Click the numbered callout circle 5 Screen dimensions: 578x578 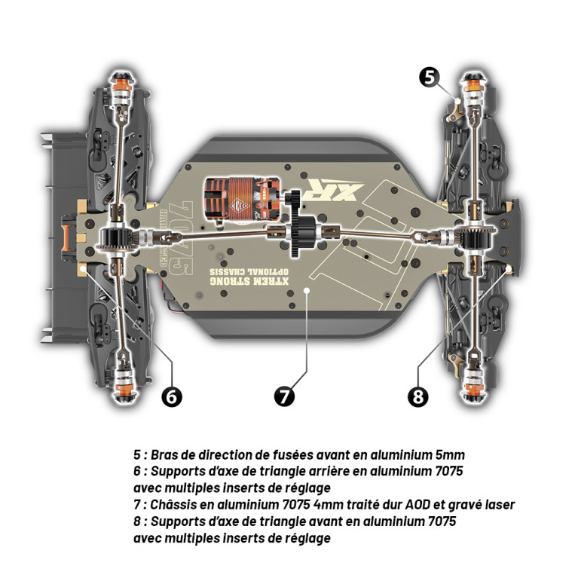pos(429,78)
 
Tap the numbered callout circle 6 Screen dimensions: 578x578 pos(172,396)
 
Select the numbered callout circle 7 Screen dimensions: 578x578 pos(284,396)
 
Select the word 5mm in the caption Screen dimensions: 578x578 pos(450,455)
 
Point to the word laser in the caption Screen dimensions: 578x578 pos(499,505)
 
